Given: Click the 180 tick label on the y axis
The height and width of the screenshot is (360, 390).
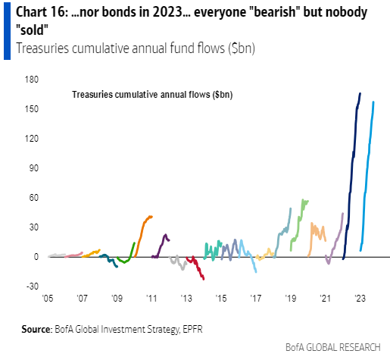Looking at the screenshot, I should pos(32,80).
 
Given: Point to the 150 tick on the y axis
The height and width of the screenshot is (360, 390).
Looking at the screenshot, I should pos(32,109).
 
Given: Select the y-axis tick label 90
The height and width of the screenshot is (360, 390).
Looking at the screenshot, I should pos(33,168).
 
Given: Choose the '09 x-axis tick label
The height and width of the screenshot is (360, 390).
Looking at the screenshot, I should pos(116,299).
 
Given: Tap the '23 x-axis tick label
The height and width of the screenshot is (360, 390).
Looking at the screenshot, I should pos(359,299).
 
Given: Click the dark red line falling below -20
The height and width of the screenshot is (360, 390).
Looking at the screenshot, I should pos(198,270).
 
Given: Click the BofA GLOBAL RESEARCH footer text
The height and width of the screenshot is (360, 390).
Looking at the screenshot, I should pos(332,347).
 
